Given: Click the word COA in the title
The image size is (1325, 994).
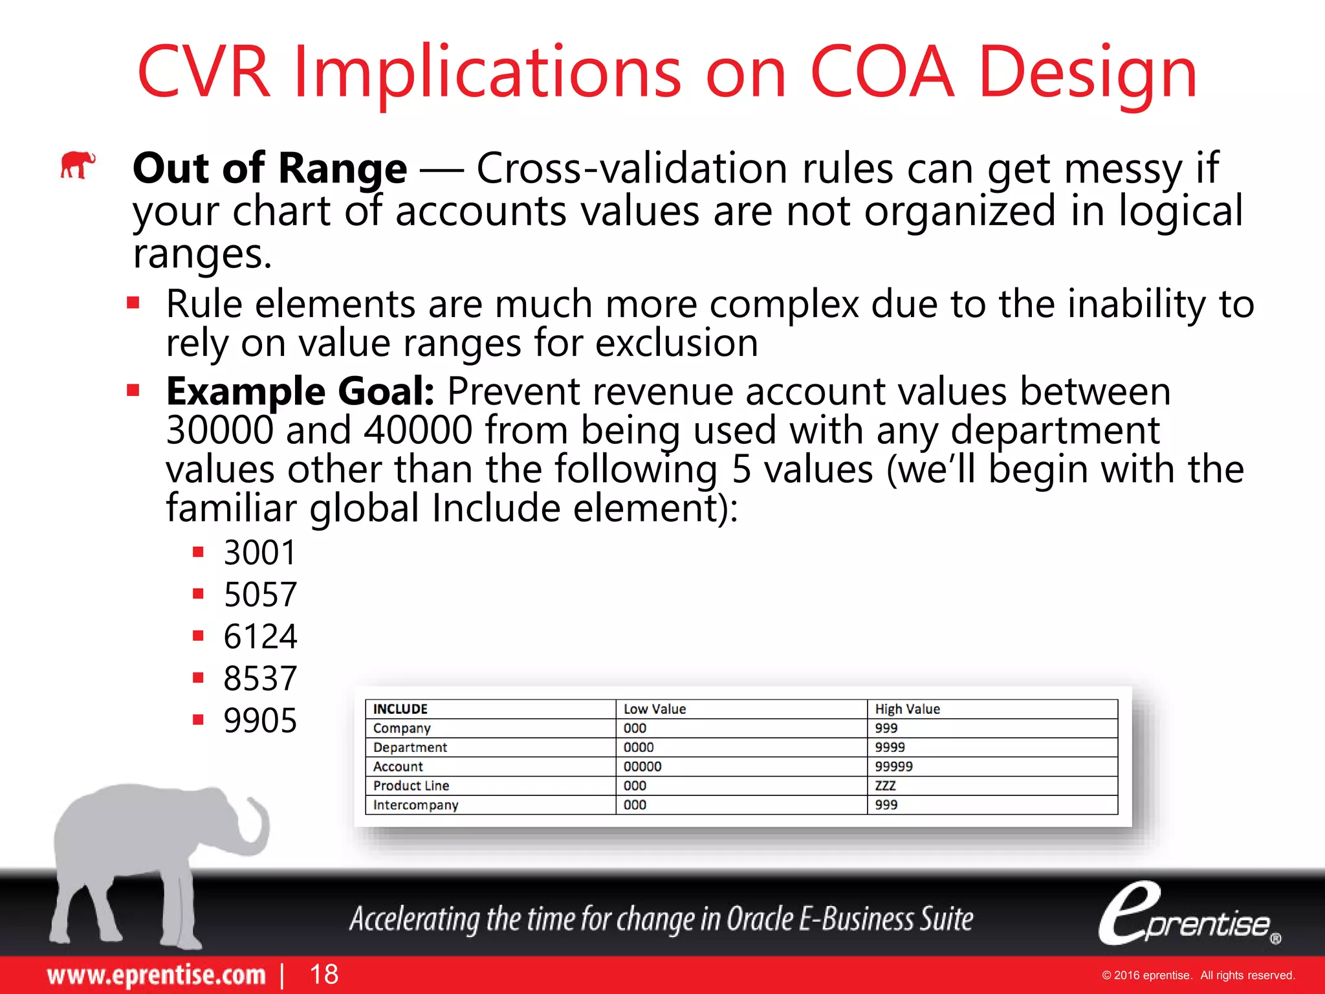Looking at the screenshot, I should (881, 72).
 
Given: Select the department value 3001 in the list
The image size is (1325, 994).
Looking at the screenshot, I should (259, 553).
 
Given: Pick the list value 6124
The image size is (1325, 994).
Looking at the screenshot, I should (260, 636).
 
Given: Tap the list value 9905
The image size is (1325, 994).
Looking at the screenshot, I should (260, 720).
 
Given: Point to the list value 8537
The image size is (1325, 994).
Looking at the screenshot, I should (260, 678).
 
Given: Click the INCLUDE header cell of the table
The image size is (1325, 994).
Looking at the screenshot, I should (400, 709).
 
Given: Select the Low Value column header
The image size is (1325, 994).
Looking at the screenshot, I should (654, 709).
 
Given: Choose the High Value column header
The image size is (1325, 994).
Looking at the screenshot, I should (907, 709).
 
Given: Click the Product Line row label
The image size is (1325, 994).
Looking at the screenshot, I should (411, 786).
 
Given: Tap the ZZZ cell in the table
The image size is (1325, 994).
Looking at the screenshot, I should (885, 786).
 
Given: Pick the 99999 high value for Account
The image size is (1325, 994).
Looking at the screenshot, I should (893, 766).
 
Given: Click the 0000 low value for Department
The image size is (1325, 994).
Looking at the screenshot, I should (639, 747).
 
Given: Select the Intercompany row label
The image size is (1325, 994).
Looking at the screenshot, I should (415, 805).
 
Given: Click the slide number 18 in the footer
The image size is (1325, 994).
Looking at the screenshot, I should (323, 974).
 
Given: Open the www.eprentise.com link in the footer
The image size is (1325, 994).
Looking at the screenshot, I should (156, 975).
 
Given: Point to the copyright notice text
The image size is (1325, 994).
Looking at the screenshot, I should (1198, 975).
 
